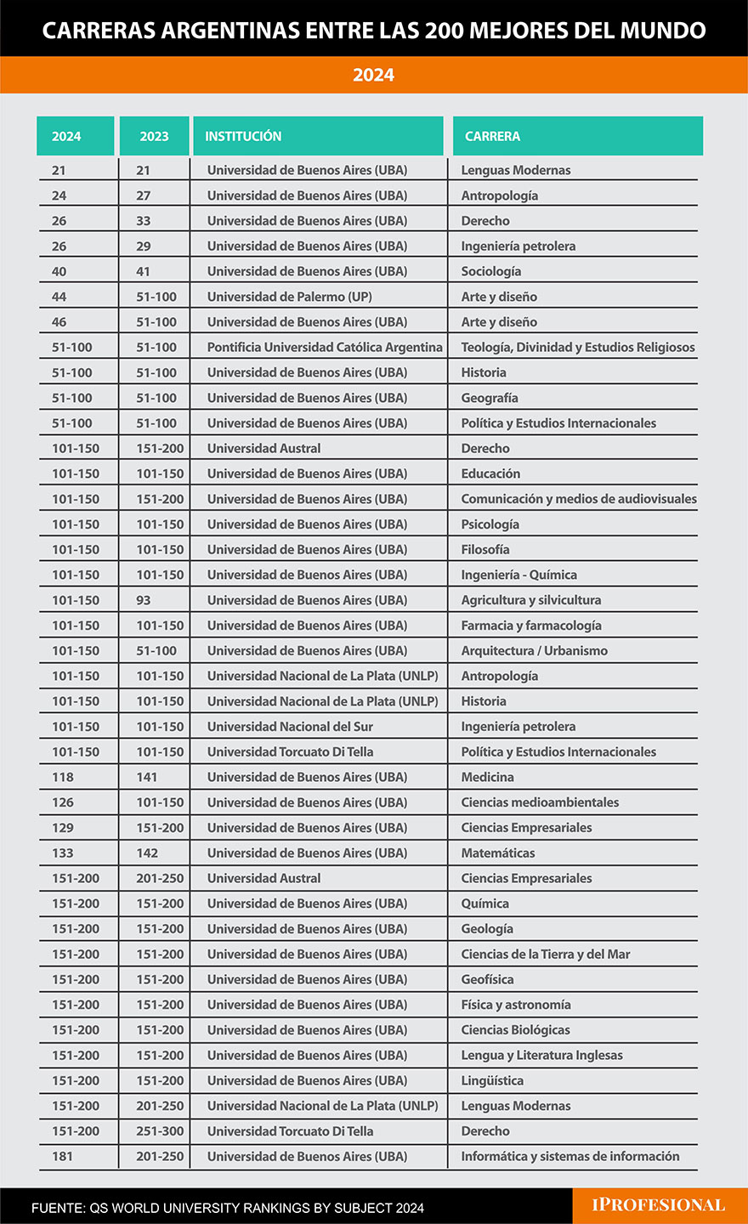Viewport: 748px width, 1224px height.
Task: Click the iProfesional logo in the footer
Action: [659, 1205]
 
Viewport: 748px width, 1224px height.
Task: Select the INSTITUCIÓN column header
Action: [243, 136]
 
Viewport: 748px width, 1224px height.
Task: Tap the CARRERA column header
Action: [492, 136]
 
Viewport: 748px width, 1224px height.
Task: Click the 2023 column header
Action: [154, 136]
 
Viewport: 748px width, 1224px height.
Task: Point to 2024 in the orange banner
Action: [374, 75]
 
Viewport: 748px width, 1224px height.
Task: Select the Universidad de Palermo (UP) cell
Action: [289, 297]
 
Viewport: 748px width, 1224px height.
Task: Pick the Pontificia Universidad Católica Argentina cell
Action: [325, 347]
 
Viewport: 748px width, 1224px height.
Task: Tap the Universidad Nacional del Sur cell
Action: [290, 727]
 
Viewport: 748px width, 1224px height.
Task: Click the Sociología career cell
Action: [491, 271]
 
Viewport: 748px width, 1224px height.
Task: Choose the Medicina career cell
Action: [487, 777]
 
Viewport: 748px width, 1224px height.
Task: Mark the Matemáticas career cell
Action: [498, 853]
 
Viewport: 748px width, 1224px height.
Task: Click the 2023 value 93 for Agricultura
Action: [144, 600]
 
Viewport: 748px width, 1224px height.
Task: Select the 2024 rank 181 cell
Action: [63, 1156]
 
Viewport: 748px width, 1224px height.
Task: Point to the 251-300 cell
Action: [160, 1131]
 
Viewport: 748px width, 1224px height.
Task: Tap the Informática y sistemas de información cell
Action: [569, 1156]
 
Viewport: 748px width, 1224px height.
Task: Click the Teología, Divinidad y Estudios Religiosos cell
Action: [577, 347]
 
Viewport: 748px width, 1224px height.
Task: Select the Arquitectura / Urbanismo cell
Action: [534, 650]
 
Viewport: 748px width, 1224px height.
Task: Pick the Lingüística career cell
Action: [492, 1080]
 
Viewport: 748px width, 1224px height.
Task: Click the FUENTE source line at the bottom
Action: [227, 1208]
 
